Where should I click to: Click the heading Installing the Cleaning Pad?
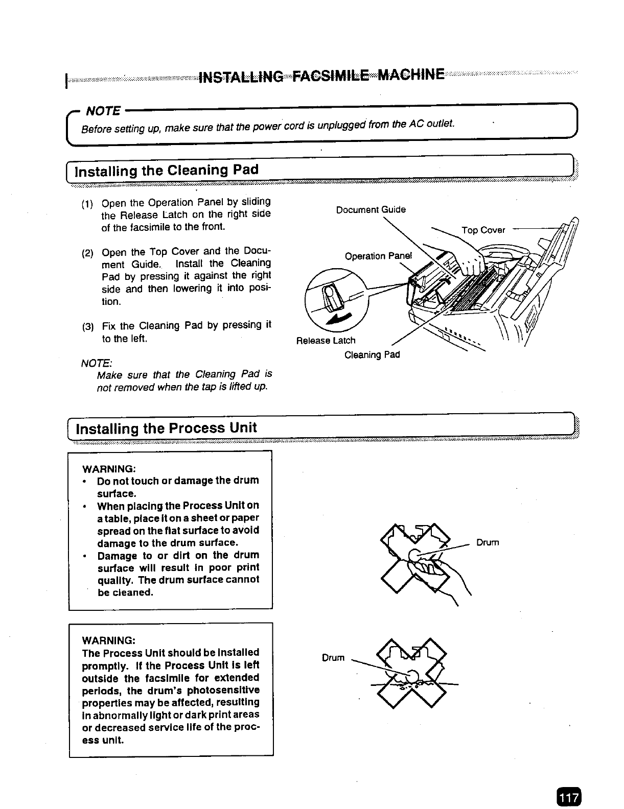167,171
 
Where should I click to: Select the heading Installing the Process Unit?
166,428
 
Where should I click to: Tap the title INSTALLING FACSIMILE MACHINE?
321,75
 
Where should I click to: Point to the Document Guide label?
371,209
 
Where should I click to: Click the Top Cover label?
483,230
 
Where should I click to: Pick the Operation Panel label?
378,256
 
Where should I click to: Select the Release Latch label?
326,340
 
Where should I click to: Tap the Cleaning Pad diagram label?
372,355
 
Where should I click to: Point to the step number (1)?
87,204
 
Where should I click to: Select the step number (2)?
87,253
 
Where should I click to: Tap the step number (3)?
88,327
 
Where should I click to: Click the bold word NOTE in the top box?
103,111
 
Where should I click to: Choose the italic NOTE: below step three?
97,363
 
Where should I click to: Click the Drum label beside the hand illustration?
487,542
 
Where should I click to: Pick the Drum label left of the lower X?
333,658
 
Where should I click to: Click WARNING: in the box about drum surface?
109,469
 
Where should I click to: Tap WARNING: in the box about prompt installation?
109,640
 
